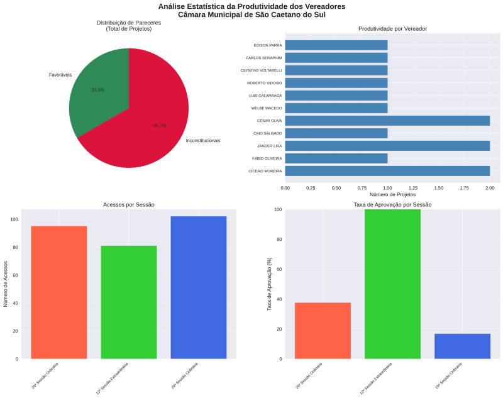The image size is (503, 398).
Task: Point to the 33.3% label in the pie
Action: [x=98, y=90]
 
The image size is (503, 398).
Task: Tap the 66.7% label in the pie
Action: [x=160, y=126]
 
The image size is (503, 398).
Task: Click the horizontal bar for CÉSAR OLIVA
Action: [x=387, y=121]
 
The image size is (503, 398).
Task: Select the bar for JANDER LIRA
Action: [x=387, y=146]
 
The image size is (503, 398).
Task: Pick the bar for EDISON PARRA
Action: [x=336, y=45]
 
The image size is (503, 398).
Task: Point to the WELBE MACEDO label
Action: [x=267, y=108]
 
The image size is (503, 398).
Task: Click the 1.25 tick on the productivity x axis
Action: [x=413, y=187]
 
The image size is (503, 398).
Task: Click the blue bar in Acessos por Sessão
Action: [x=199, y=287]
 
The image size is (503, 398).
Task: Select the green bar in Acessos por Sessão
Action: [x=129, y=302]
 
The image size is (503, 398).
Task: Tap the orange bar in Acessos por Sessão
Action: [x=59, y=292]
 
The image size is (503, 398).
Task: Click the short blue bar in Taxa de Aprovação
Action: [x=462, y=346]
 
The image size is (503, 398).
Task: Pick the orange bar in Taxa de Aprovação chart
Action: [x=323, y=331]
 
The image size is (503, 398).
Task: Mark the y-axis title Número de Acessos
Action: [x=6, y=284]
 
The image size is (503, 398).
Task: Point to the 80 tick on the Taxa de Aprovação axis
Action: [x=278, y=240]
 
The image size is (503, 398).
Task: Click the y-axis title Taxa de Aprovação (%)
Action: [x=269, y=284]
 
